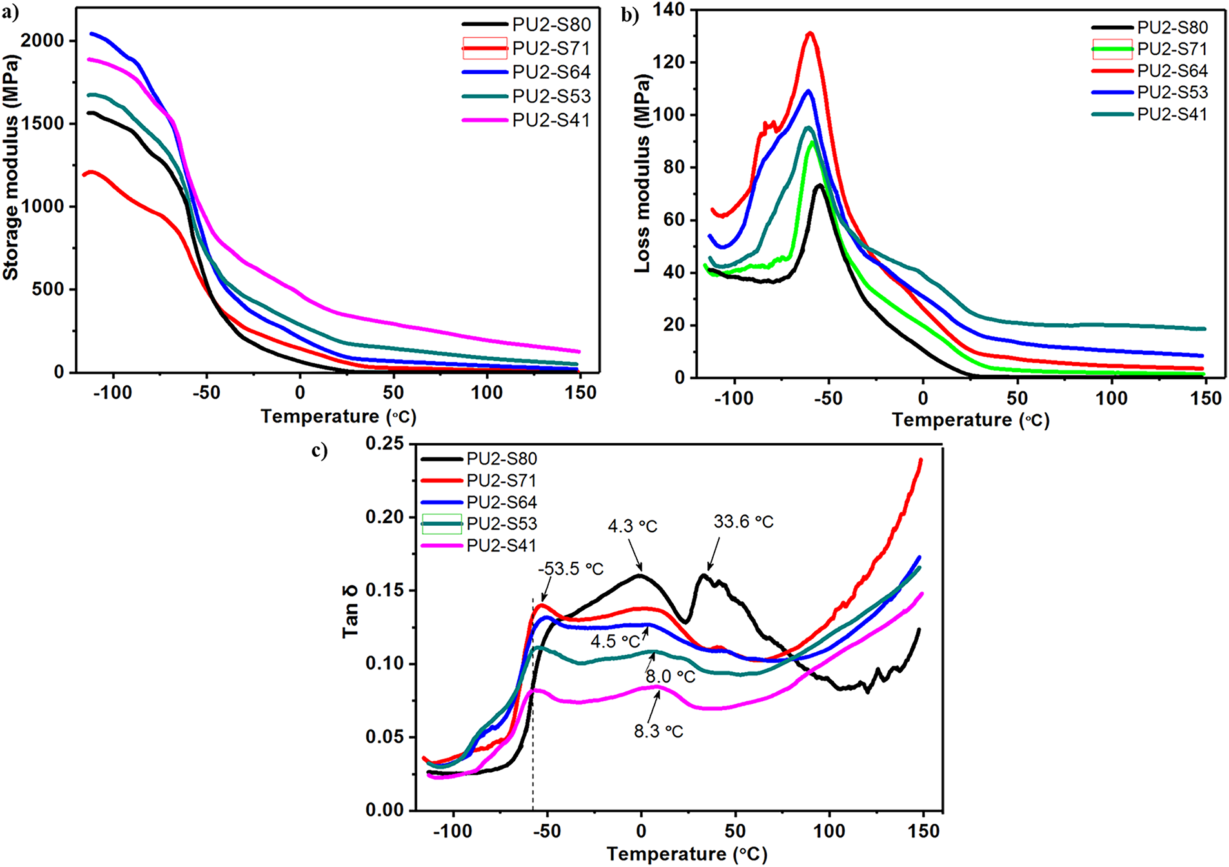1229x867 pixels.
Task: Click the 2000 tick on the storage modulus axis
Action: pos(43,41)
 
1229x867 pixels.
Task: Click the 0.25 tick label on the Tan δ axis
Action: pos(384,444)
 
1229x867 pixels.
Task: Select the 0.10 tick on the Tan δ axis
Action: pos(384,663)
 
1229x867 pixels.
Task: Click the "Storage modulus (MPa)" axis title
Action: pos(11,168)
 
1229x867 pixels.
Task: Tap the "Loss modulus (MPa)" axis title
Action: pos(642,174)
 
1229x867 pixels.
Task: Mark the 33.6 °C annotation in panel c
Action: pos(743,521)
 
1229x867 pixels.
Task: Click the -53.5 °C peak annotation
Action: pos(571,569)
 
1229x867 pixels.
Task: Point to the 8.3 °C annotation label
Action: pos(658,732)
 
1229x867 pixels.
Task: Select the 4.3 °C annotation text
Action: pos(632,526)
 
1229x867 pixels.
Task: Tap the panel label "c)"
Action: pos(319,450)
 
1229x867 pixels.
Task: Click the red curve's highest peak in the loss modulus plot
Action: pos(811,33)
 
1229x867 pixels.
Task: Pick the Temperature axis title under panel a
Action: pos(339,417)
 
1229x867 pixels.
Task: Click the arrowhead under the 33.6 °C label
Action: pos(709,569)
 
